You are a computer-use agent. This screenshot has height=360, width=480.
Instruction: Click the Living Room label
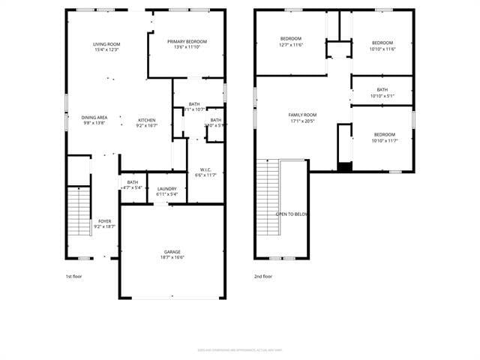(x=106, y=44)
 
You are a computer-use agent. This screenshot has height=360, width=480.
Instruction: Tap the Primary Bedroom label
(x=187, y=41)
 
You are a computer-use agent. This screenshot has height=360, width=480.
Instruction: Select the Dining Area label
(x=94, y=117)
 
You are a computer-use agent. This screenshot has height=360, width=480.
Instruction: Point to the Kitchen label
(x=146, y=120)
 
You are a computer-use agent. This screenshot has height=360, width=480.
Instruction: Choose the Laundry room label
(x=166, y=188)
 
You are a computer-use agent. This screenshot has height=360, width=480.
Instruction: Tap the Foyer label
(x=105, y=221)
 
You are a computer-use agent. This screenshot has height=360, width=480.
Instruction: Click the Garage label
(x=172, y=252)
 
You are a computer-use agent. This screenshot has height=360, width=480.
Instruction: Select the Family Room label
(x=303, y=115)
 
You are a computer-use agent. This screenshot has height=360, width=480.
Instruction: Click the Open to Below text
(x=291, y=214)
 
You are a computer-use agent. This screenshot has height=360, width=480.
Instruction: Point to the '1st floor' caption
(x=74, y=276)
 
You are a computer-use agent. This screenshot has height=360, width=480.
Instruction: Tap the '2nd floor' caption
(x=262, y=276)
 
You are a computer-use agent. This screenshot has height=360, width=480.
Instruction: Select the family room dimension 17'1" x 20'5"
(x=303, y=121)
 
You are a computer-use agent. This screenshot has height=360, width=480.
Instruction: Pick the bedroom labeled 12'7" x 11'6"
(x=291, y=42)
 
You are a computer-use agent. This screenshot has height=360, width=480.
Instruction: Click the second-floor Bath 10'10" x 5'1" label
(x=382, y=93)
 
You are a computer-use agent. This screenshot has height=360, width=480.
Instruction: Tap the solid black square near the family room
(x=344, y=166)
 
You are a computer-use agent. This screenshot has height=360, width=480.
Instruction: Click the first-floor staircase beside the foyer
(x=79, y=213)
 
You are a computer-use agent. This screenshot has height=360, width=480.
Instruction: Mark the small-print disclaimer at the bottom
(x=240, y=349)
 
